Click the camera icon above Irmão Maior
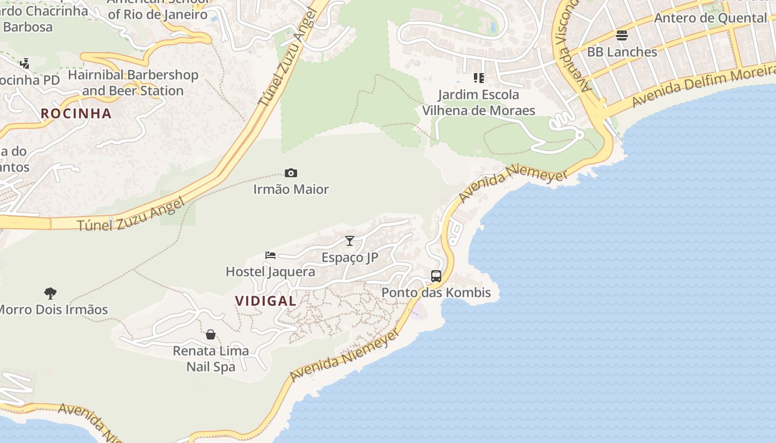291,173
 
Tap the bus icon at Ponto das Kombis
436,276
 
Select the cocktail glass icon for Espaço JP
350,241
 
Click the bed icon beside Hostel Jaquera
270,255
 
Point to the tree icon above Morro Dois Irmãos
50,293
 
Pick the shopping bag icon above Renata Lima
211,334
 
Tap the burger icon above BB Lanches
622,35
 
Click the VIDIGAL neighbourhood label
266,301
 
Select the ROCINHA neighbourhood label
76,114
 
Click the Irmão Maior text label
291,189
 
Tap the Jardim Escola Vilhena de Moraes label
479,102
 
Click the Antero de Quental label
710,18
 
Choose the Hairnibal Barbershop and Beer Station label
133,83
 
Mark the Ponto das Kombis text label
436,292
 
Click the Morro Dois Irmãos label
53,310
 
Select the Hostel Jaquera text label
270,272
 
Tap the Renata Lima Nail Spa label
211,358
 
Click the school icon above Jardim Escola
479,78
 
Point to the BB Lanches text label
622,52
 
